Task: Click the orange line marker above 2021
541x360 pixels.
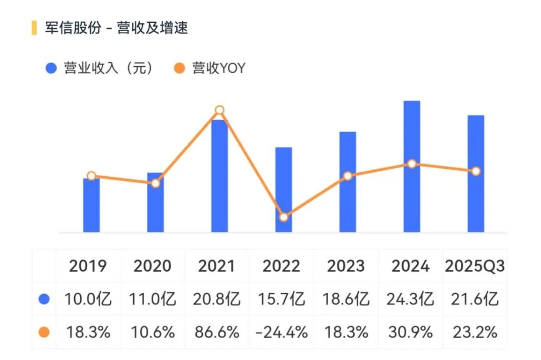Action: [219, 110]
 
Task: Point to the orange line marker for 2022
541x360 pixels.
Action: [284, 217]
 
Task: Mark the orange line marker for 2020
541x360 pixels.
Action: [155, 183]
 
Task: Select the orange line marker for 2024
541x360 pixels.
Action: [412, 164]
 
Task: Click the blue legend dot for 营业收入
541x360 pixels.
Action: [51, 69]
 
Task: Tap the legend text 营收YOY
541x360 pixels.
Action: [219, 69]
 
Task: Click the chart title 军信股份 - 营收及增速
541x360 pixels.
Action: [116, 28]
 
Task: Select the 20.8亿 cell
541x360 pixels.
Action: [217, 299]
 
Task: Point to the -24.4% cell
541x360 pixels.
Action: [282, 332]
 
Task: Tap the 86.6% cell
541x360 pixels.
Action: [217, 332]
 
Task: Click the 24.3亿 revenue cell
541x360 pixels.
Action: [410, 299]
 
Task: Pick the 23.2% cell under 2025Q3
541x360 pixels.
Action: [474, 332]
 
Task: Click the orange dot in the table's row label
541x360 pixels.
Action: [45, 332]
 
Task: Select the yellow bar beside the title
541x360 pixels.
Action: [34, 28]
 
